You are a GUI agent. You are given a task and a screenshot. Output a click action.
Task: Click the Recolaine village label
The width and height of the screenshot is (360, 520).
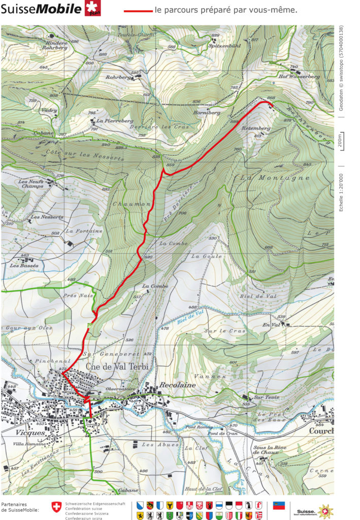[x=177, y=385]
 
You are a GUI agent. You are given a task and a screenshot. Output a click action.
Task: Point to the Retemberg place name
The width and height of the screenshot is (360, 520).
[x=256, y=128]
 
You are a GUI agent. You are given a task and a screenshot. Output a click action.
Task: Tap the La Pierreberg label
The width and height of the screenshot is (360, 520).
[x=115, y=121]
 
